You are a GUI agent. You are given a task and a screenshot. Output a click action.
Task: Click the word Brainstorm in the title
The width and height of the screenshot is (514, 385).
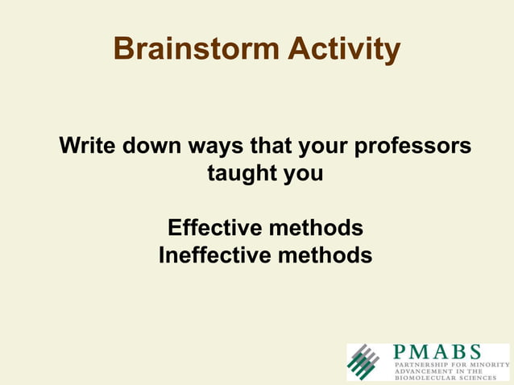(x=193, y=49)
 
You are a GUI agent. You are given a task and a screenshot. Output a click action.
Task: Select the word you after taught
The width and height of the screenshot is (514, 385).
(x=302, y=173)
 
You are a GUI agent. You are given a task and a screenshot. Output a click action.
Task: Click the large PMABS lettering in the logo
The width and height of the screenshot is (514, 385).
(x=437, y=353)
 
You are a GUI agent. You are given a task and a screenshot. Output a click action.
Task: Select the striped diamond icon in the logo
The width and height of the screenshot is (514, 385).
(x=363, y=362)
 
